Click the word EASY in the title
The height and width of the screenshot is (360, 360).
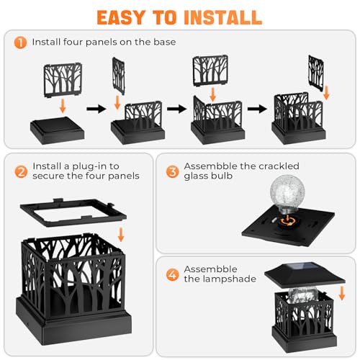[131, 16]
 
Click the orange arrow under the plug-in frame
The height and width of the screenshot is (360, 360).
[120, 235]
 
